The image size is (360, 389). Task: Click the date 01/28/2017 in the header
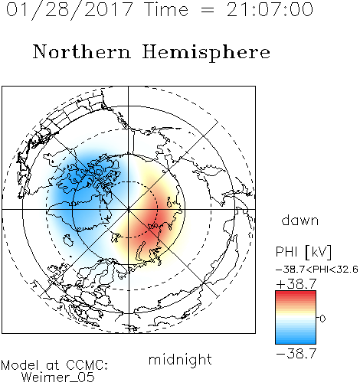pyautogui.click(x=70, y=10)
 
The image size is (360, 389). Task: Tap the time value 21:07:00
pyautogui.click(x=270, y=9)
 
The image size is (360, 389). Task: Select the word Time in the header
pyautogui.click(x=166, y=9)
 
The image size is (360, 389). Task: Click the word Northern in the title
pyautogui.click(x=82, y=51)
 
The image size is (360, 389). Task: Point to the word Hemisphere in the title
pyautogui.click(x=206, y=53)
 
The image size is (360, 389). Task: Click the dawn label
pyautogui.click(x=300, y=220)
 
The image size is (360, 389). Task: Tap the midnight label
pyautogui.click(x=180, y=359)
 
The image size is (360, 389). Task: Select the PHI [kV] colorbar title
pyautogui.click(x=303, y=252)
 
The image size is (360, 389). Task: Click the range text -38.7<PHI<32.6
pyautogui.click(x=317, y=270)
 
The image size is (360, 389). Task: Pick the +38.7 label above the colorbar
pyautogui.click(x=296, y=284)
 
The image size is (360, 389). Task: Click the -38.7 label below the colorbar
pyautogui.click(x=296, y=354)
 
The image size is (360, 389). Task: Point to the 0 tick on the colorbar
pyautogui.click(x=322, y=319)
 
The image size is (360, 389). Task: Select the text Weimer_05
pyautogui.click(x=58, y=378)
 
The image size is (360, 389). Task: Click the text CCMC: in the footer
pyautogui.click(x=87, y=365)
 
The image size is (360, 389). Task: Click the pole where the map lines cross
pyautogui.click(x=129, y=209)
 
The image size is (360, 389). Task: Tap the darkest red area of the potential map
pyautogui.click(x=153, y=220)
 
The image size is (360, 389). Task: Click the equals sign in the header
pyautogui.click(x=208, y=10)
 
